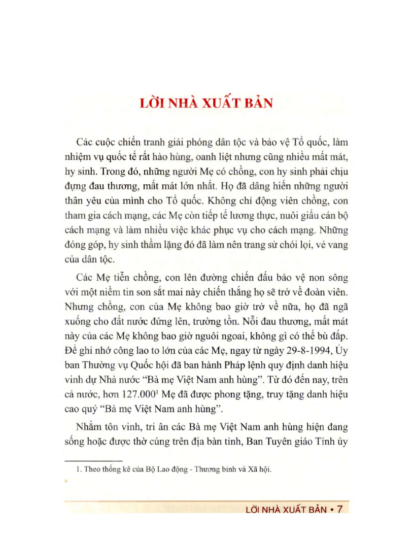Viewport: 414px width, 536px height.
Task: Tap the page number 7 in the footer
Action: pyautogui.click(x=340, y=509)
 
